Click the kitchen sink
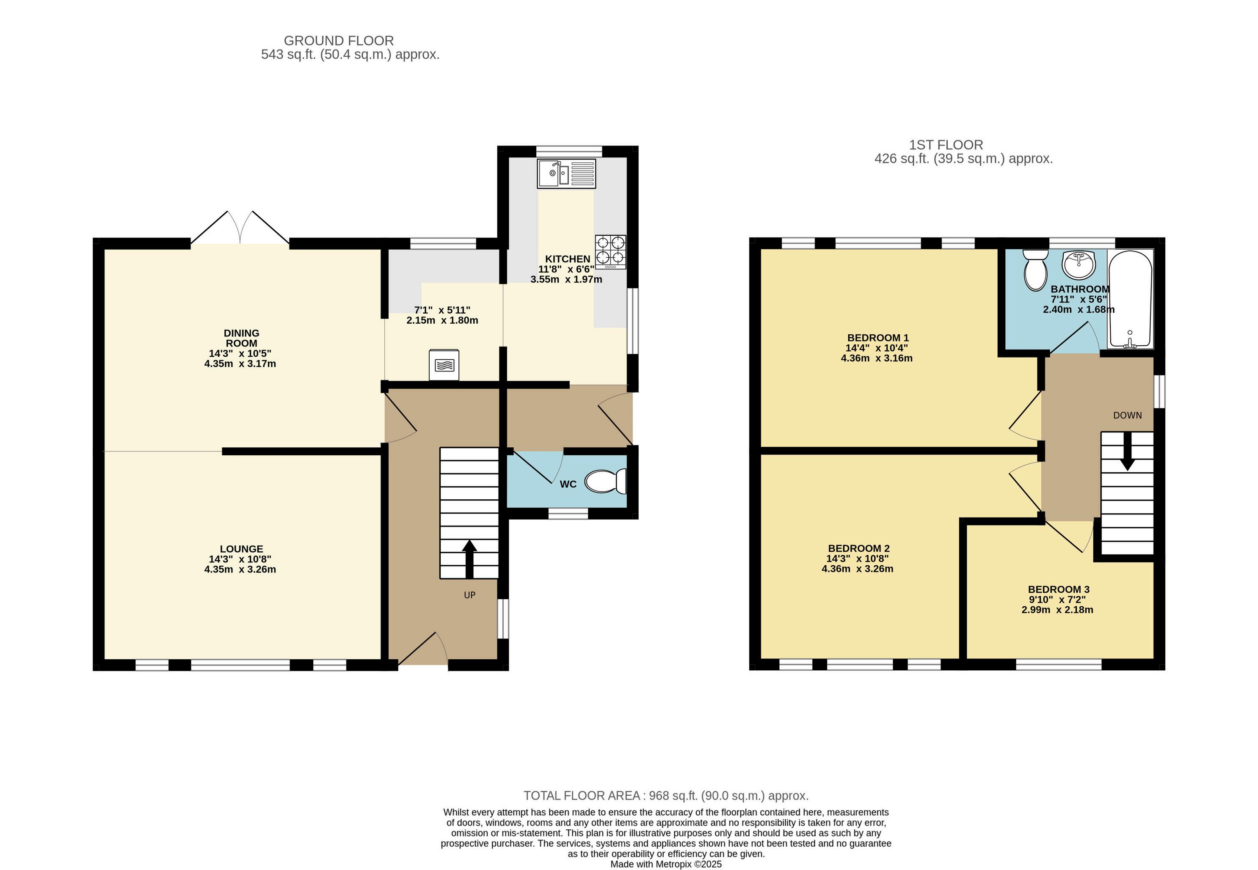click(566, 173)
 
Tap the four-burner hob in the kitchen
click(610, 252)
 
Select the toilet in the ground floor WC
click(605, 481)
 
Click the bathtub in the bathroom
click(1131, 299)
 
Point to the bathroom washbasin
click(1079, 264)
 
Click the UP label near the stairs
click(469, 595)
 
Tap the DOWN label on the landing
click(1127, 415)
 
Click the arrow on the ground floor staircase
click(469, 559)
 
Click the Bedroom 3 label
click(1058, 589)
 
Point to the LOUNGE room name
click(242, 549)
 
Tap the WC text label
click(568, 484)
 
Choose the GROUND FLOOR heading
click(339, 40)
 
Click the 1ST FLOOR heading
click(946, 145)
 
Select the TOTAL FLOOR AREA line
click(666, 796)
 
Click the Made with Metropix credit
click(666, 864)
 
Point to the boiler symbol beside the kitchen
click(444, 365)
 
